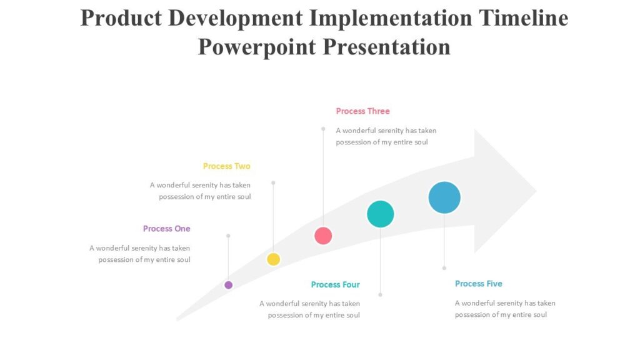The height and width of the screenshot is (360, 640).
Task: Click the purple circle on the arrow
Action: click(229, 285)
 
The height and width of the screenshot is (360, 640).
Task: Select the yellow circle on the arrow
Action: click(273, 259)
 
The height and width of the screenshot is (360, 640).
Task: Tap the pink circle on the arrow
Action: click(323, 236)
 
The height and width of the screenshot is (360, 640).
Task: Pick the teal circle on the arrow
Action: click(380, 214)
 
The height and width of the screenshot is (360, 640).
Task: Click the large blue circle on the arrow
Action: click(444, 197)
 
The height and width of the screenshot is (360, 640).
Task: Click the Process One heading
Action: click(166, 229)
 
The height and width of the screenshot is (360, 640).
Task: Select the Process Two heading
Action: click(226, 166)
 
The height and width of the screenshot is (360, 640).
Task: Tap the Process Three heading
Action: click(362, 111)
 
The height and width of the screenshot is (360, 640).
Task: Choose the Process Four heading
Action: click(335, 285)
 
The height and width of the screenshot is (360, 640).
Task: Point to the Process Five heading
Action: click(478, 284)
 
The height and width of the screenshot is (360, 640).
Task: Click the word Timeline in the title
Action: click(523, 18)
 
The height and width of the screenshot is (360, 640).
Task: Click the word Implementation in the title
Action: click(391, 18)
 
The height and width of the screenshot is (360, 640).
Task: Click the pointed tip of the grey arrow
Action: click(536, 191)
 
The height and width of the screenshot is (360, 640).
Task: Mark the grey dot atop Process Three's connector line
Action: click(323, 129)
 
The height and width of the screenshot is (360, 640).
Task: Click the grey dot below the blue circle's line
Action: click(444, 268)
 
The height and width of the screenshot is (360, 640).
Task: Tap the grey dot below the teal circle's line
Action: click(380, 294)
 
